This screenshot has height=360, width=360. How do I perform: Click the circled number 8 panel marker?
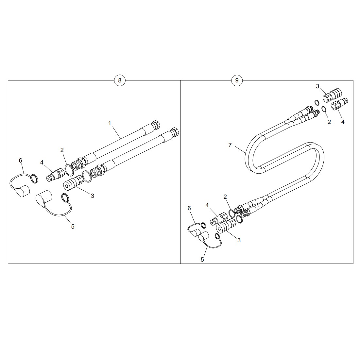[x=120, y=80]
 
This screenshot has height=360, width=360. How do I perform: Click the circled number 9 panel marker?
[x=237, y=80]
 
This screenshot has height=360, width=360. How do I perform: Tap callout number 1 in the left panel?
[x=110, y=123]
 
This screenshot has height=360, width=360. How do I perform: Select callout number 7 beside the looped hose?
[x=230, y=145]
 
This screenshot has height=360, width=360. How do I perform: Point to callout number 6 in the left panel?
[x=20, y=161]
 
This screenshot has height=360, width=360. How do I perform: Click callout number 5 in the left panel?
[x=73, y=226]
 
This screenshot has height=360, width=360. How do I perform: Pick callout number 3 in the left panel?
[x=93, y=196]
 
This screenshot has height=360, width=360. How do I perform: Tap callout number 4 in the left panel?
[x=42, y=163]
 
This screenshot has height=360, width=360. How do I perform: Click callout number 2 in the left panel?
[x=62, y=150]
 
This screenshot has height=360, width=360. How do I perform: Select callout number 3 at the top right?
[x=317, y=86]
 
